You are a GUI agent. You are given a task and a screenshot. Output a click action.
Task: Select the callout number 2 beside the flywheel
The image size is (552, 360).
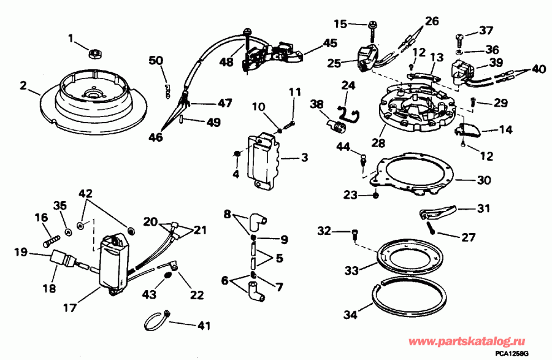(x=23, y=86)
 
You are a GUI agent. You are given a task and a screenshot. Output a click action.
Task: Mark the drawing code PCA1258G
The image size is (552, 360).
(x=526, y=353)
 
